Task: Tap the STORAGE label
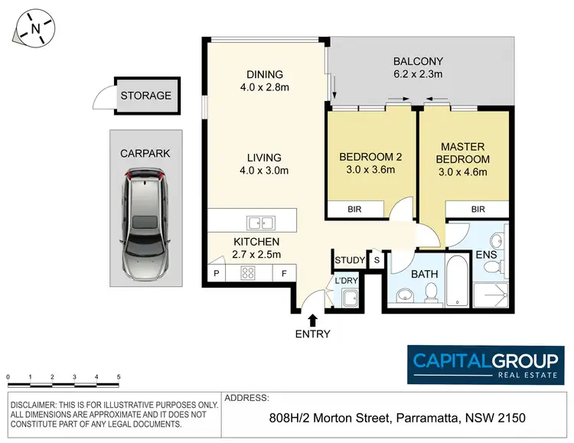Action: point(145,96)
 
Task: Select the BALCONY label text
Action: point(418,61)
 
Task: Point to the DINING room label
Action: point(265,74)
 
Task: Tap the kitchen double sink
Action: point(260,223)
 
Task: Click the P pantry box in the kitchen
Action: point(216,272)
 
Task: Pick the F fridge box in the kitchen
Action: point(284,272)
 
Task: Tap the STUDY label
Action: point(350,261)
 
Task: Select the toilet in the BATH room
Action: point(432,292)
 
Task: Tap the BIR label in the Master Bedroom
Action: point(478,209)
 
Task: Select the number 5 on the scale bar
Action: point(119,377)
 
